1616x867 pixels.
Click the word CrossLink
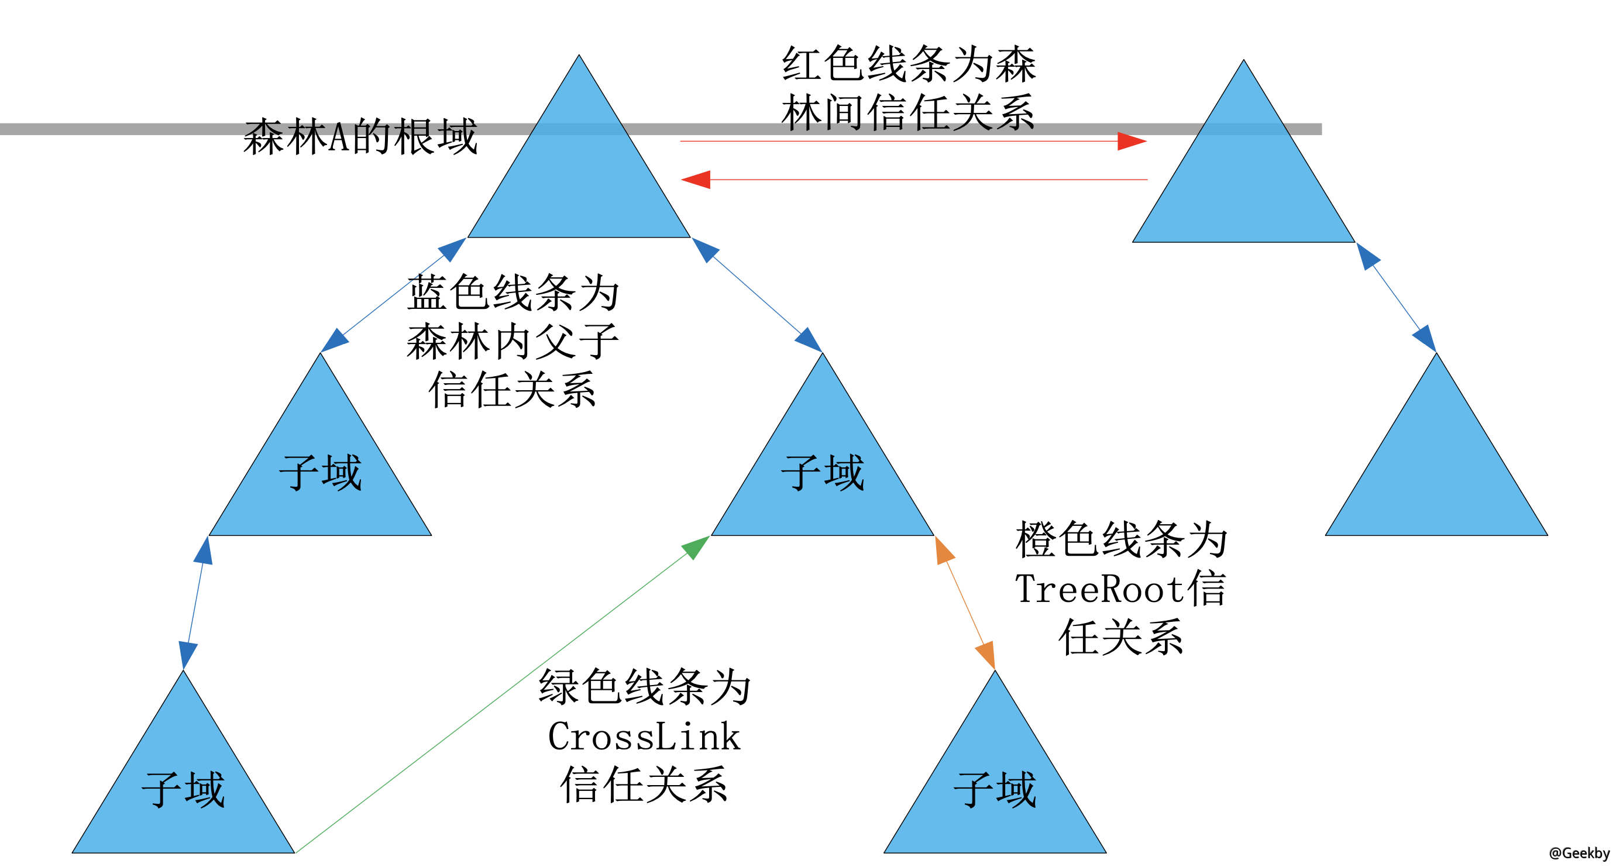(x=644, y=737)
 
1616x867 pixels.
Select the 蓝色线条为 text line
(x=513, y=293)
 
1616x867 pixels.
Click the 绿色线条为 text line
(x=644, y=687)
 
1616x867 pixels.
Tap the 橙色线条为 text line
(x=1120, y=539)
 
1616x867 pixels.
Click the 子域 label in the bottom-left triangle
(x=183, y=789)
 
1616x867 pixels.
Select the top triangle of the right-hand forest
(x=1243, y=182)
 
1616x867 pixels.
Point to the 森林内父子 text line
(x=513, y=342)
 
